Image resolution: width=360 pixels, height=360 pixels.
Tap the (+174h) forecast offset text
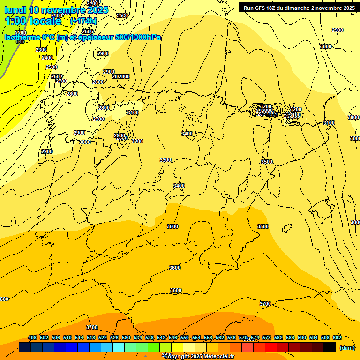83,21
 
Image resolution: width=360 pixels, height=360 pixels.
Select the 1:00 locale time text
33,21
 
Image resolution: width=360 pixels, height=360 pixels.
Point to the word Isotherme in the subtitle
22,37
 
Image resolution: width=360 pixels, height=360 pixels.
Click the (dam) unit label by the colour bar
346,347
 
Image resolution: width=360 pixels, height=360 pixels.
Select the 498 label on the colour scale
32,337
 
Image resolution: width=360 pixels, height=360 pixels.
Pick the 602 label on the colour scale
337,337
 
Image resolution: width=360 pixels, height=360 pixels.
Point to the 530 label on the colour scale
126,337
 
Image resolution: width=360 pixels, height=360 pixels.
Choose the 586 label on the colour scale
290,337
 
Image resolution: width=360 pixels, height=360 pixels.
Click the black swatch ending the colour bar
330,347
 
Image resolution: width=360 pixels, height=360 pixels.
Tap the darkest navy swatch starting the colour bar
25,347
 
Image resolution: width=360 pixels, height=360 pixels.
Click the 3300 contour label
165,160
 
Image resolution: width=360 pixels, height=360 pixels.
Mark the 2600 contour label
56,76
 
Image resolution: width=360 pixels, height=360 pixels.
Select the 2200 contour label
20,33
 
